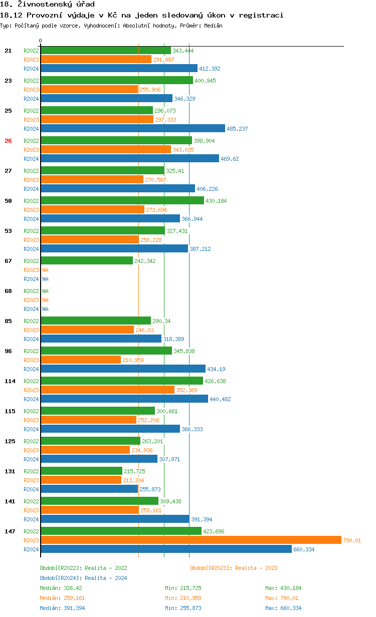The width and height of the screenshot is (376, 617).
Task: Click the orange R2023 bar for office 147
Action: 191,540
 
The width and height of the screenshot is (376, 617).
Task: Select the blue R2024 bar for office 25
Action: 133,128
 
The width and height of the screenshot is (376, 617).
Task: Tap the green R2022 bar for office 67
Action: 87,260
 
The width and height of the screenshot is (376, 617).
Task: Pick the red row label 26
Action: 8,141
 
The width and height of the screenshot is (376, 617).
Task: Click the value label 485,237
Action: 238,129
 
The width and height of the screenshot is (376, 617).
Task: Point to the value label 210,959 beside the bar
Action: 133,360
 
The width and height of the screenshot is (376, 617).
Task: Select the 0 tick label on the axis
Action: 41,41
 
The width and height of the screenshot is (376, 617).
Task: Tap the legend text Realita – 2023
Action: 256,568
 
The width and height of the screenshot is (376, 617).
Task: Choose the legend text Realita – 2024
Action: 106,578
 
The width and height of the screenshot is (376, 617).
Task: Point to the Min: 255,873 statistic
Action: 183,608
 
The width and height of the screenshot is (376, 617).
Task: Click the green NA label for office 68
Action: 45,291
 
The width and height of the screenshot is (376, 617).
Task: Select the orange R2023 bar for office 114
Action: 107,390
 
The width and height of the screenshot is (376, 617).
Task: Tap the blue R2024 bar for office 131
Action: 89,489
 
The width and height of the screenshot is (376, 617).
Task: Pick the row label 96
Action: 8,351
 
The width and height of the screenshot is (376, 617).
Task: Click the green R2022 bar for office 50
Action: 122,200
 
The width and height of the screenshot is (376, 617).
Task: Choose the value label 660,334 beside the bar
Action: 304,549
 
